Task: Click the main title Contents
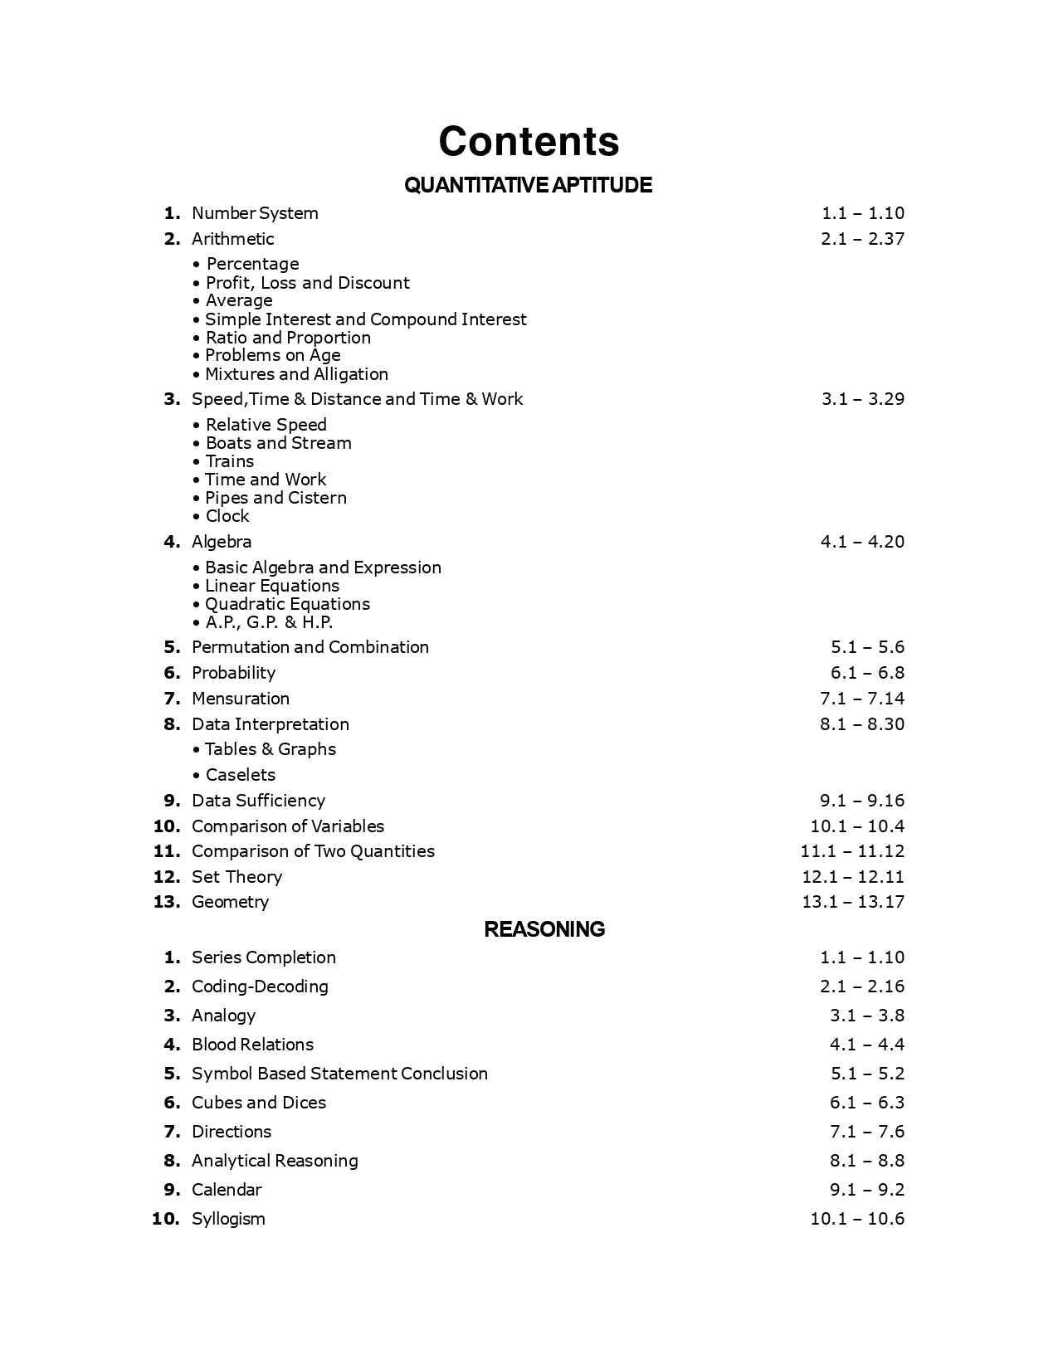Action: point(529,141)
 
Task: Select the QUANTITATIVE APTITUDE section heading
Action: point(528,185)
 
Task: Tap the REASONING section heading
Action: point(544,929)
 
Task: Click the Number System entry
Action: point(255,213)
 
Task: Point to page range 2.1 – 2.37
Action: point(862,239)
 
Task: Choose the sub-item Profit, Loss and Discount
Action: point(307,283)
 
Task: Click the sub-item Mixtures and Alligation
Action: point(296,374)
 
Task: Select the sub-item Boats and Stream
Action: point(278,443)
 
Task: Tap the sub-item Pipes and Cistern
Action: point(275,498)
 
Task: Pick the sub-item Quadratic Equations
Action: point(287,604)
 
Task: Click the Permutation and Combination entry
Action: point(310,647)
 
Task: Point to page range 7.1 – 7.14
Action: point(862,699)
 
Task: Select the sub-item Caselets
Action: point(240,775)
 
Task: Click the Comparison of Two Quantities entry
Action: point(313,851)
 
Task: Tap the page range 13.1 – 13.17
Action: point(853,902)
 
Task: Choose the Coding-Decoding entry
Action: point(260,987)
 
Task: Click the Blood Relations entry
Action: point(252,1045)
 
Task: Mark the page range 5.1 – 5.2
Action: point(867,1074)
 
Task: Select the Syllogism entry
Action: point(228,1219)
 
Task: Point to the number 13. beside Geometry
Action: point(167,902)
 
